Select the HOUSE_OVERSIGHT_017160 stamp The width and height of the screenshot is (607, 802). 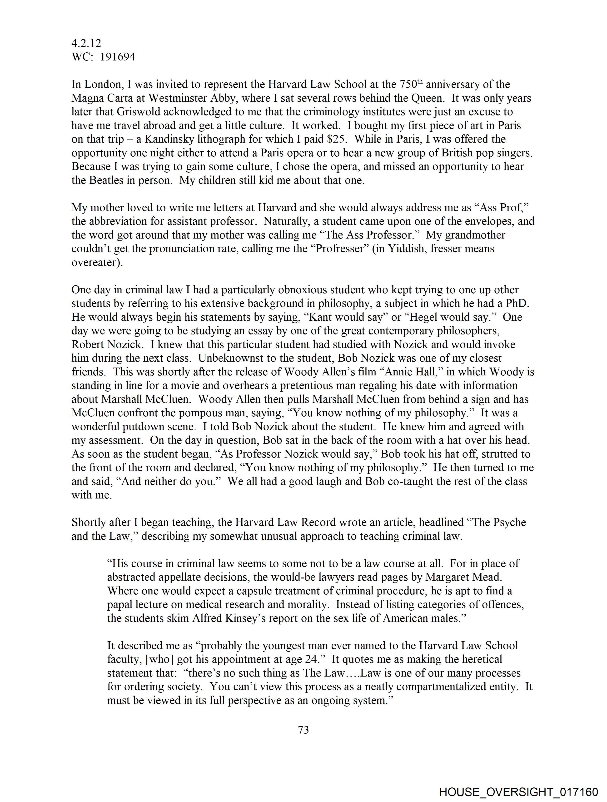[x=518, y=792]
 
